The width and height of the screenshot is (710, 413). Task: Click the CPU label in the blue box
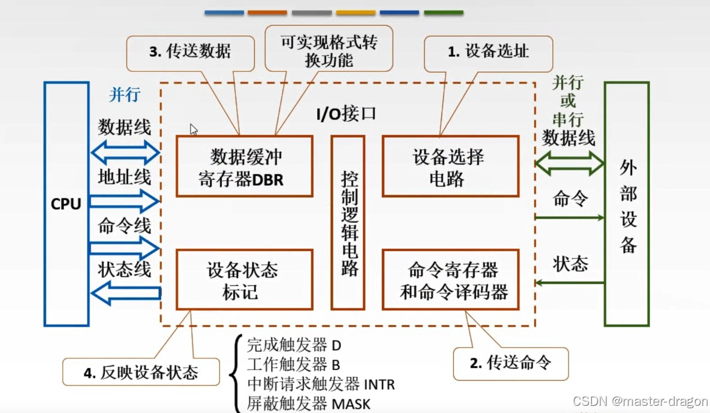tap(66, 204)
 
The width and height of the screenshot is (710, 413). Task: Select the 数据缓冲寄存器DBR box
tap(244, 166)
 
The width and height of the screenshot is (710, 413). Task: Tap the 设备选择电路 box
tap(450, 166)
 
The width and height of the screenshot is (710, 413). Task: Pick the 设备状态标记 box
tap(244, 279)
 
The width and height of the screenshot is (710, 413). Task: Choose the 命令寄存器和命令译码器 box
tap(450, 279)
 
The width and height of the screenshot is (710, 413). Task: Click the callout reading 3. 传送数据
tap(189, 51)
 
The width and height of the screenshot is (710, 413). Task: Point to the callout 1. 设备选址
tap(488, 51)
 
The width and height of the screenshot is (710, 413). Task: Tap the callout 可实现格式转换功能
tap(329, 51)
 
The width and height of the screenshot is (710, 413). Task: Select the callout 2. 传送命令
tap(510, 363)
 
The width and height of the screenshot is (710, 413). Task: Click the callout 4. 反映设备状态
tap(140, 372)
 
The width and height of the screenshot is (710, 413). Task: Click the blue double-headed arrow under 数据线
tap(125, 153)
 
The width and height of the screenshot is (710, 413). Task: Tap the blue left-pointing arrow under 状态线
tap(126, 293)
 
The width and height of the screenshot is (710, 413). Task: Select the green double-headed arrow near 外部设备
tap(569, 162)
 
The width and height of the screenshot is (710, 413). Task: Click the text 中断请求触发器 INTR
tap(321, 384)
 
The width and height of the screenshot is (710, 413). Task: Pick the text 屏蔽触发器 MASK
tap(308, 403)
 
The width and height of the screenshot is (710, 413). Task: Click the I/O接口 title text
tap(347, 113)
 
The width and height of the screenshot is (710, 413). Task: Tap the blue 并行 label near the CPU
tap(124, 95)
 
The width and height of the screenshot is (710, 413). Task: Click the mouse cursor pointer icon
tap(194, 129)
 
